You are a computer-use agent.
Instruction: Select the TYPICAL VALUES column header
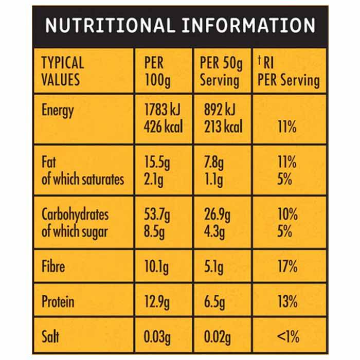[x=62, y=71]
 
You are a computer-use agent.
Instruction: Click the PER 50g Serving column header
[x=220, y=71]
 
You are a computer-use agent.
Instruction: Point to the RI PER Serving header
[x=288, y=71]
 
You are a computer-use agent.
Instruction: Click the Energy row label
[x=58, y=110]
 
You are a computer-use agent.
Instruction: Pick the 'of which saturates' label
[x=83, y=179]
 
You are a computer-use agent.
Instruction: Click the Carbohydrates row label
[x=75, y=214]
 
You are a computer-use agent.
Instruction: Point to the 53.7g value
[x=157, y=214]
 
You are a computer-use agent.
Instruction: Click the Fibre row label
[x=53, y=267]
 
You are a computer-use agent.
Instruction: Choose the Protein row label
[x=58, y=301]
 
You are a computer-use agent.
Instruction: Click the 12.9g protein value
[x=156, y=301]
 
